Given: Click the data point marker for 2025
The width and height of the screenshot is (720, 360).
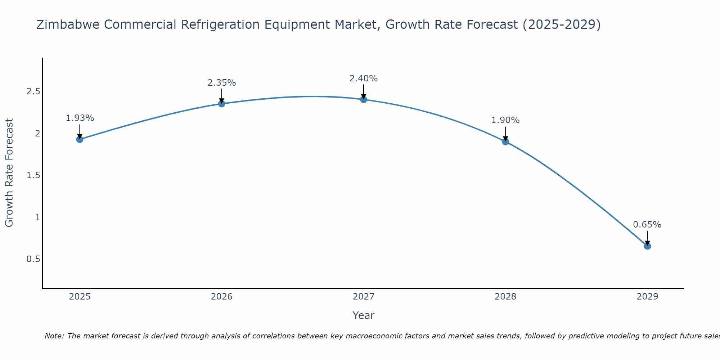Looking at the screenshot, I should (80, 139).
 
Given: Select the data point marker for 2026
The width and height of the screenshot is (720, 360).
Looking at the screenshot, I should (222, 104).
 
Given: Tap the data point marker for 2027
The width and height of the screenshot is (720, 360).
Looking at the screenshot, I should (364, 99).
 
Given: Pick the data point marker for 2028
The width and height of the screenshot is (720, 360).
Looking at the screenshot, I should (505, 141).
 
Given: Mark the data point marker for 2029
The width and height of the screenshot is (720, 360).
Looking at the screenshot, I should (647, 246).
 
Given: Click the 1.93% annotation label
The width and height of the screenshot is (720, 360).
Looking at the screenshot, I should (80, 118).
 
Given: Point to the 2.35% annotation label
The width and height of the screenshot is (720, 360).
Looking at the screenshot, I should (222, 83).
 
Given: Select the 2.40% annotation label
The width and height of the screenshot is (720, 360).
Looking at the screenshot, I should (364, 78).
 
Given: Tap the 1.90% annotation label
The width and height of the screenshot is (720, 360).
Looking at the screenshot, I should (505, 120).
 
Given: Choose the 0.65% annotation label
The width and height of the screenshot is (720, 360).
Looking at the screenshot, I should (647, 225).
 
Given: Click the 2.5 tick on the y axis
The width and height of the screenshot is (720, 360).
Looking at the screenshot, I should (33, 91).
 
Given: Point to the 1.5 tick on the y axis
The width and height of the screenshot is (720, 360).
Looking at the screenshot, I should (33, 175).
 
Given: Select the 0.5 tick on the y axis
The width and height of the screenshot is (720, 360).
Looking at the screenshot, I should (33, 259).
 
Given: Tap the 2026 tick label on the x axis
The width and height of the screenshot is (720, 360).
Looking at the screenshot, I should (222, 297).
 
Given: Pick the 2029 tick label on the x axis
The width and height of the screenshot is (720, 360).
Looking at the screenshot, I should (647, 297).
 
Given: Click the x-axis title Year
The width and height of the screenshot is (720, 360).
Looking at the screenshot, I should (364, 315).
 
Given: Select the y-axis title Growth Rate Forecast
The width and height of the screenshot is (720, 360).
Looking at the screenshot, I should (9, 173).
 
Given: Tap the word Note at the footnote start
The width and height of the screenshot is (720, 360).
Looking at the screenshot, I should (54, 336).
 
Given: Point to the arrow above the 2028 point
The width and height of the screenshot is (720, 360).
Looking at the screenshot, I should (505, 134).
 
